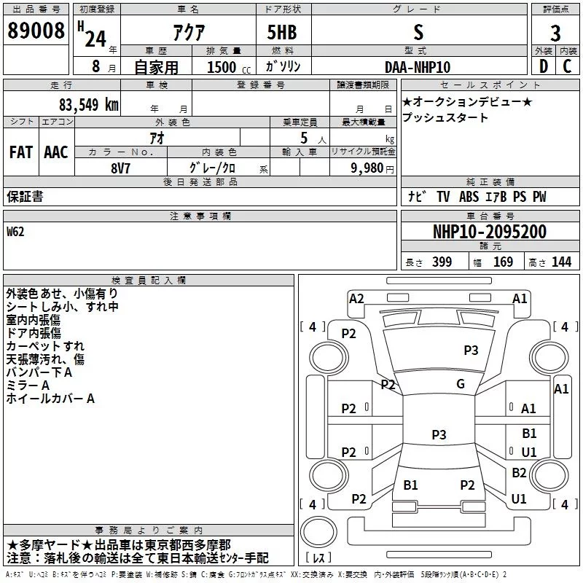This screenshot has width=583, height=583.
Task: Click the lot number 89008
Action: (x=36, y=31)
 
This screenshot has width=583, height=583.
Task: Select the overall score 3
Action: (x=555, y=34)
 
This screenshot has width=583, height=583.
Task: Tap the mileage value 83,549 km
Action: (x=88, y=105)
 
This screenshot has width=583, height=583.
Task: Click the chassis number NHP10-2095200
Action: (x=490, y=232)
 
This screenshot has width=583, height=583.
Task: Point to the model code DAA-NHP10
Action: (x=418, y=67)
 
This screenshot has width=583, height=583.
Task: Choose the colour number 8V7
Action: (x=120, y=168)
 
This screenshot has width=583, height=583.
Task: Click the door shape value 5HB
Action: (x=282, y=32)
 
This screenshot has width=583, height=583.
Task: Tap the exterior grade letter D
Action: (x=544, y=66)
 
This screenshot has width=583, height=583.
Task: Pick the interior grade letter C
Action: (x=567, y=66)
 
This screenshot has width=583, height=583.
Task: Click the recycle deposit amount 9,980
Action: (x=367, y=168)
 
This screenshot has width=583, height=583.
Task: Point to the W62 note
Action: (x=15, y=232)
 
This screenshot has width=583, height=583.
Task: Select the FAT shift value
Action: (x=21, y=152)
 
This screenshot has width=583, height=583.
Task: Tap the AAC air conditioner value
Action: (x=56, y=152)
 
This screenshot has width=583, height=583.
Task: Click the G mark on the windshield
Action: (x=461, y=384)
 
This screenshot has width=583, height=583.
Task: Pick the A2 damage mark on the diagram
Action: (x=356, y=299)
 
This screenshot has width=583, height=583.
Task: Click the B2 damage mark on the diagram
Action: (x=519, y=472)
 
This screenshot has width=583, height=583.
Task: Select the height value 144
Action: (x=561, y=262)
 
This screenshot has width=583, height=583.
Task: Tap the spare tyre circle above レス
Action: (x=318, y=531)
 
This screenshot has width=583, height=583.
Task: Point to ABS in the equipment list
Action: (x=469, y=197)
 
